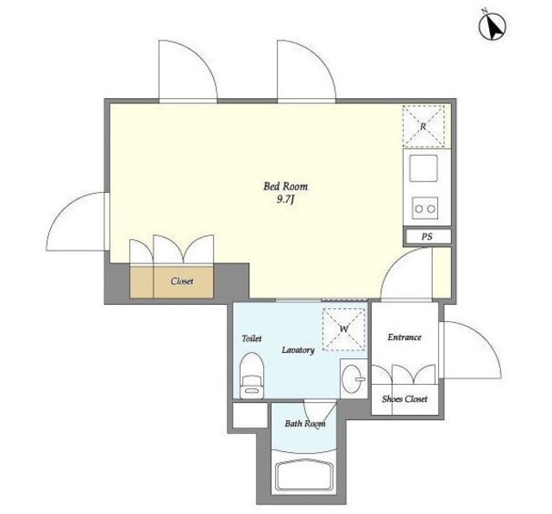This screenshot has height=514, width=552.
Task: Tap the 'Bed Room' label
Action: (x=285, y=186)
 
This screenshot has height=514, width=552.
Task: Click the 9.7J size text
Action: (x=285, y=200)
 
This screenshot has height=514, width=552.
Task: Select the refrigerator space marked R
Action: (x=423, y=126)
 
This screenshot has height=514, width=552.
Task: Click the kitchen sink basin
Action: (x=423, y=168)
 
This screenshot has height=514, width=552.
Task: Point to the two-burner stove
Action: (x=425, y=208)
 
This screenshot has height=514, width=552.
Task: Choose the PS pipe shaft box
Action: (x=428, y=237)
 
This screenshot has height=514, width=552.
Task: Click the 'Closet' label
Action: (x=182, y=282)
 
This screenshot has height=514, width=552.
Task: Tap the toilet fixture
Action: (x=252, y=375)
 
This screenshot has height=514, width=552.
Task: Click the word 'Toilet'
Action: (x=252, y=338)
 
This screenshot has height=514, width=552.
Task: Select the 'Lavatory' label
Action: (x=298, y=350)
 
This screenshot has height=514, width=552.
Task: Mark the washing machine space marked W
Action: (x=344, y=329)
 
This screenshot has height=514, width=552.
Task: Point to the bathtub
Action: (x=304, y=476)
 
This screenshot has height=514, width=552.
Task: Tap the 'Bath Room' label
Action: (x=304, y=424)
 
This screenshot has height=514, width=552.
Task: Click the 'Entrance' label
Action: (x=405, y=338)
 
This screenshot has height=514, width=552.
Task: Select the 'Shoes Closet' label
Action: (x=405, y=399)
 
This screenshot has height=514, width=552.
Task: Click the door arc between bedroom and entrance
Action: (x=396, y=262)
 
